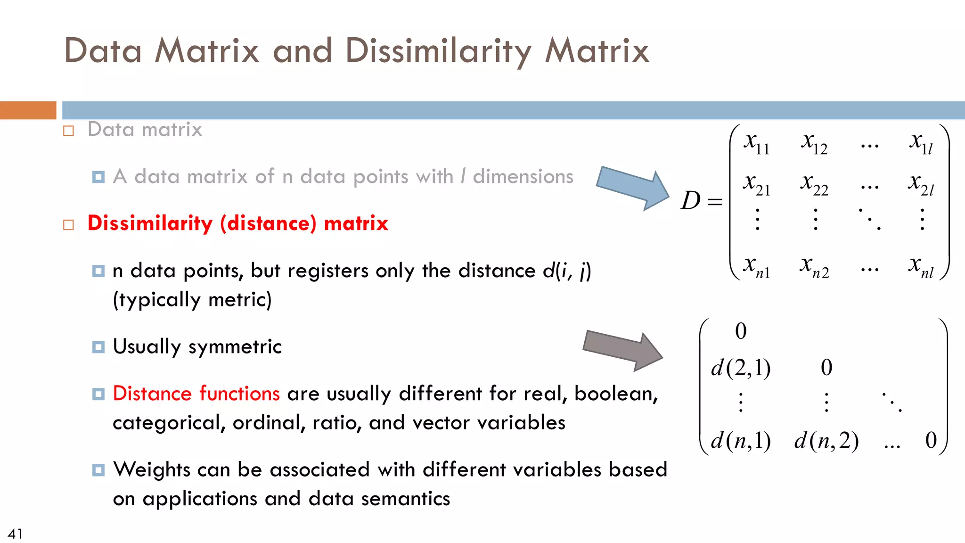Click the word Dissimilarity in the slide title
tap(438, 51)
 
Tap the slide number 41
tap(15, 534)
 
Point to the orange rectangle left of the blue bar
tap(28, 110)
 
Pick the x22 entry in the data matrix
tap(814, 184)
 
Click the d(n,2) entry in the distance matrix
tap(826, 441)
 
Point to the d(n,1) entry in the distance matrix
tap(741, 441)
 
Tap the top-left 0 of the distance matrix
tap(741, 331)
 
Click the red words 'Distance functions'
tap(196, 394)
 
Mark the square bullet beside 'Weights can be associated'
tap(98, 470)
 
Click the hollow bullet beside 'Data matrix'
tap(69, 131)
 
